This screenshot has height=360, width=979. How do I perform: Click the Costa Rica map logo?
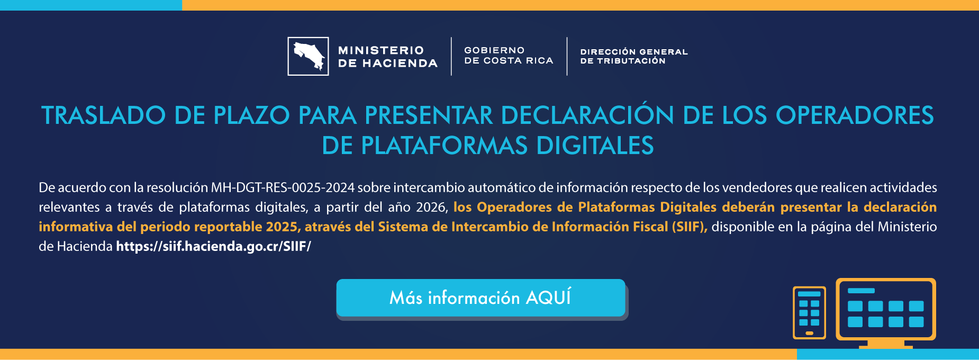click(308, 56)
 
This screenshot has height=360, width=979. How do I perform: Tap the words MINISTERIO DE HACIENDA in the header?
click(387, 57)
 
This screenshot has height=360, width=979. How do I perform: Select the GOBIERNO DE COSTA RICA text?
click(508, 56)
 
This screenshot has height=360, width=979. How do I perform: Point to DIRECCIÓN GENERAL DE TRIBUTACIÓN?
click(633, 56)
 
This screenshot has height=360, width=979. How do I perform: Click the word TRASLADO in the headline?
click(103, 116)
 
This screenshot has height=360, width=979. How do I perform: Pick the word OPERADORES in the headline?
click(855, 116)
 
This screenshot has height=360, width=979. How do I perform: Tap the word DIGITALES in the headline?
click(595, 146)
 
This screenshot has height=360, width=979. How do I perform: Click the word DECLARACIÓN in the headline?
click(587, 116)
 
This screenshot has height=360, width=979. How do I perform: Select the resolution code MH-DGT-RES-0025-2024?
click(283, 188)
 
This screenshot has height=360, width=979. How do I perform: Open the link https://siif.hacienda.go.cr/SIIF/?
click(213, 247)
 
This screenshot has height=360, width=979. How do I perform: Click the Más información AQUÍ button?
click(481, 298)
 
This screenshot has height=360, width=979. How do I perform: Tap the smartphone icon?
click(809, 312)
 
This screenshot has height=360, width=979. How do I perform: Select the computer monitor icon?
click(885, 311)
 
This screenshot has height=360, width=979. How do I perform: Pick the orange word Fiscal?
click(649, 227)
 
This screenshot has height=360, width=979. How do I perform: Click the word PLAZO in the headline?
click(251, 116)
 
